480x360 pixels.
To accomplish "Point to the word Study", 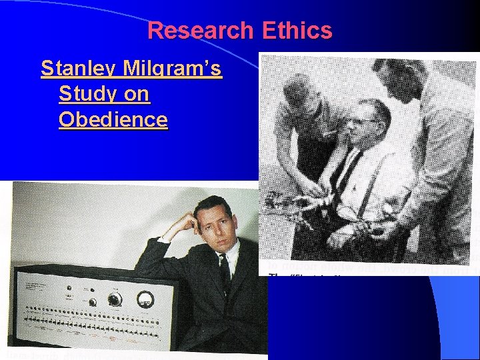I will (x=79, y=94).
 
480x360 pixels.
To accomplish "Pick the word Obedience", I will (x=113, y=120).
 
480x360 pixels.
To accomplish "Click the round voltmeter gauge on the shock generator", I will (x=145, y=299).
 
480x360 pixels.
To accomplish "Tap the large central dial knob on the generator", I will (x=115, y=299).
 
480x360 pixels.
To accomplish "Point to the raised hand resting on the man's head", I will (x=189, y=221).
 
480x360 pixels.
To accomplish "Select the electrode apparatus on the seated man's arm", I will (x=293, y=201).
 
